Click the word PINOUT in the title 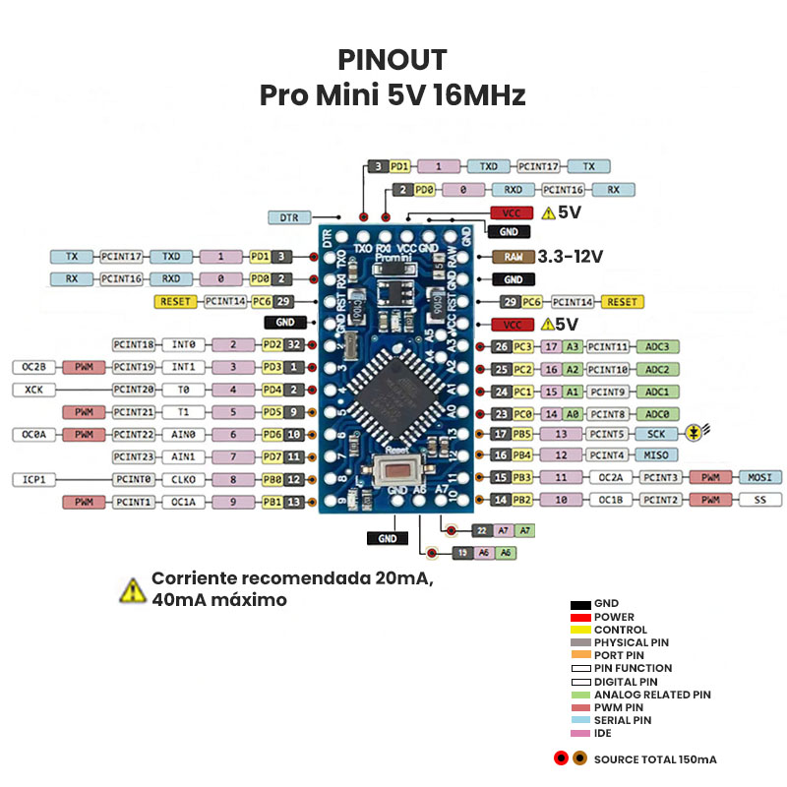393,60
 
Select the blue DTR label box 289,216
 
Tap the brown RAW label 514,257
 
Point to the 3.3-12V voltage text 571,257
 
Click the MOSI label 758,477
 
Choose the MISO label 657,454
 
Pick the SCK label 657,433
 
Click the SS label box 758,500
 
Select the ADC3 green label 657,346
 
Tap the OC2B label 34,367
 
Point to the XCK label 34,390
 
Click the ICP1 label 34,479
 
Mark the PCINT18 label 134,344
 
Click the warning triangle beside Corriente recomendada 132,589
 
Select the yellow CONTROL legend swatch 579,630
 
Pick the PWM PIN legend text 621,706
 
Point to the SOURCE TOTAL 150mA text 655,758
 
